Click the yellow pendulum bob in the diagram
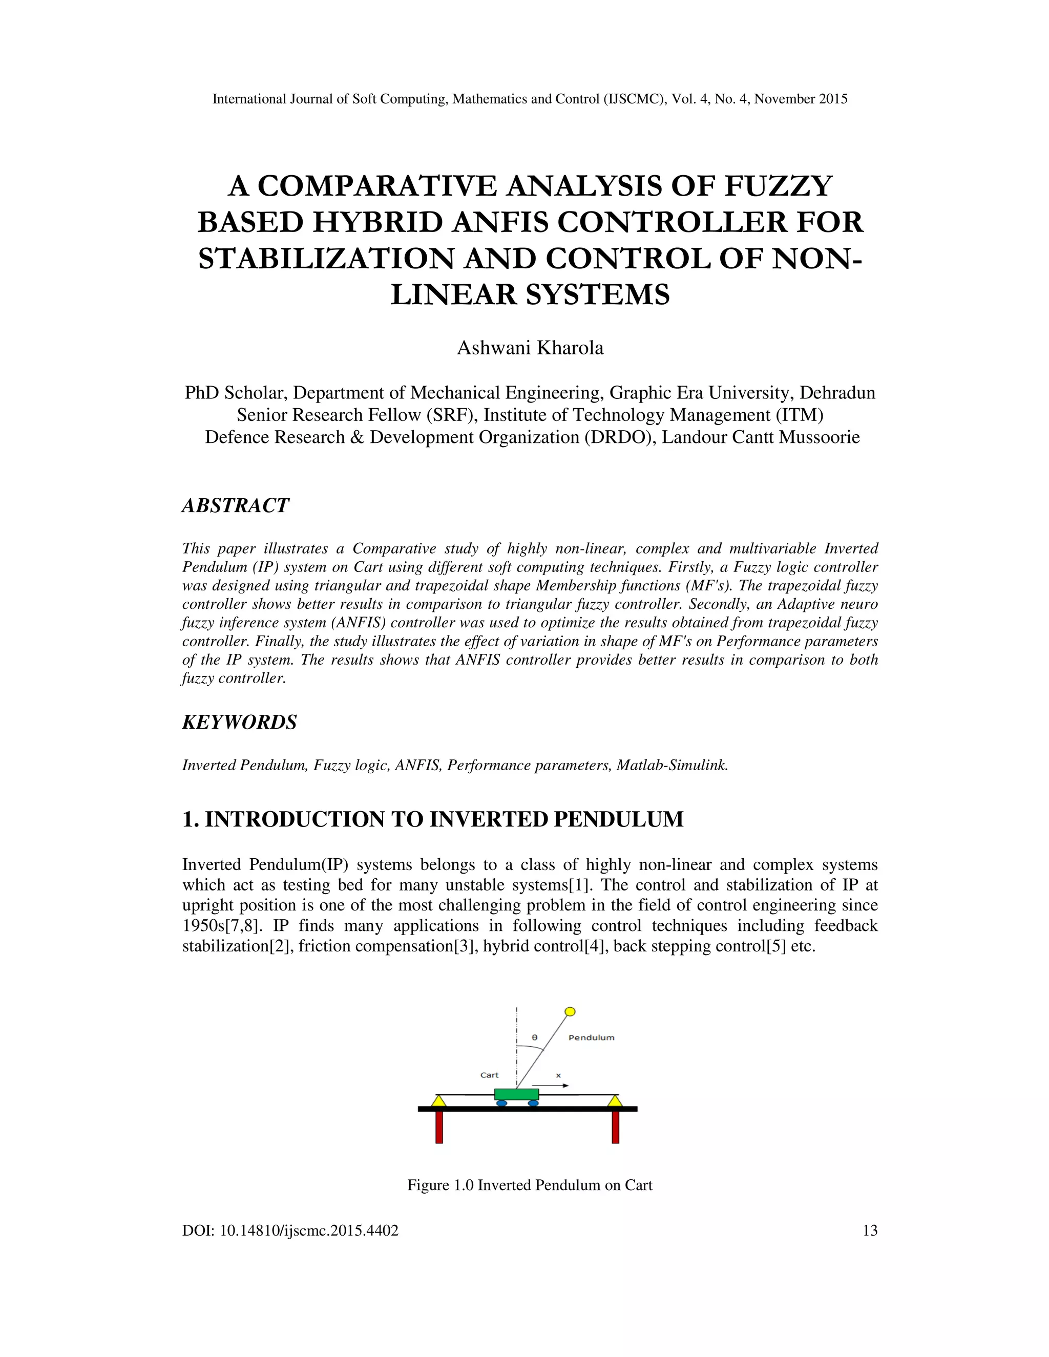(570, 1011)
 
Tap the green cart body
(516, 1094)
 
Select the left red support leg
(439, 1127)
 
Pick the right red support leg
(615, 1127)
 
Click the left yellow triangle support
(439, 1101)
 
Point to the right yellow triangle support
(615, 1101)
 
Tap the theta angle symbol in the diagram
(534, 1037)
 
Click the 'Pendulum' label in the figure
(591, 1037)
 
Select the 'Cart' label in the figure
(489, 1075)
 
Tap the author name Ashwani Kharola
(530, 348)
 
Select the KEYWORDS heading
(239, 723)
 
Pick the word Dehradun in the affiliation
(837, 393)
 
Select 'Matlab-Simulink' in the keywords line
(672, 766)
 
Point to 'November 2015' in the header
(801, 99)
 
